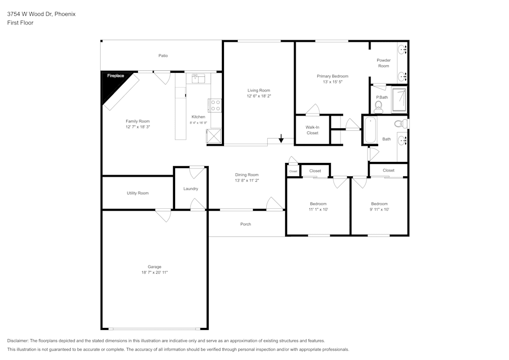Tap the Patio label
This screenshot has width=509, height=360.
coord(163,56)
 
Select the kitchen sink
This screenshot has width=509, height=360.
coord(198,78)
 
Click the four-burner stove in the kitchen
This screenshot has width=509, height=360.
coord(215,105)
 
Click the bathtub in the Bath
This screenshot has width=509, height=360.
coord(370,130)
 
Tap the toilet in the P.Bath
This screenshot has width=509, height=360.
coord(378,106)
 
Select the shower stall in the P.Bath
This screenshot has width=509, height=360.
coord(399,100)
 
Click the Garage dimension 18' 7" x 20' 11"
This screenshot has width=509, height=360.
coord(155,272)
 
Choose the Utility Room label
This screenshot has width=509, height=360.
coord(137,193)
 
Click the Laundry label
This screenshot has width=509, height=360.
coord(190,188)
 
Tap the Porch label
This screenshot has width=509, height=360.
coord(246,224)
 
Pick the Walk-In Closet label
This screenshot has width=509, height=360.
coord(313,130)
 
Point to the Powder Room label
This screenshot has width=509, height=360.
coord(383,63)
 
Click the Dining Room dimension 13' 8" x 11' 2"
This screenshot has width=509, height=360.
coord(247,180)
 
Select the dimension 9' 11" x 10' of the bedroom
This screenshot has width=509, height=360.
coord(379,209)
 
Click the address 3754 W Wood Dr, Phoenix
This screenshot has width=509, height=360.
coord(41,14)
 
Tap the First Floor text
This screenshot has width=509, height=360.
coord(20,23)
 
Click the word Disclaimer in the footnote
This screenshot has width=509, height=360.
coord(18,341)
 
